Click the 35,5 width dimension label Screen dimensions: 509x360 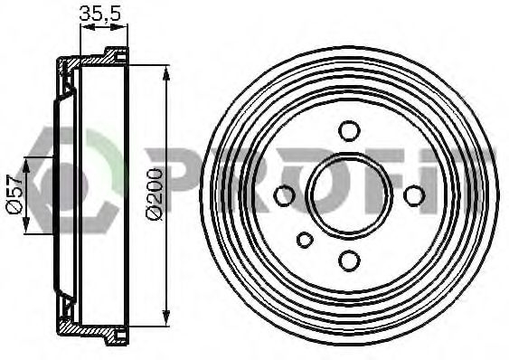pos(100,14)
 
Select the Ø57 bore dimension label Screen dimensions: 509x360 pos(14,194)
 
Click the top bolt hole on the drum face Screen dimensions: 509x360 pos(349,130)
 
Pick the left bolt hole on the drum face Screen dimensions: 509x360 pos(285,195)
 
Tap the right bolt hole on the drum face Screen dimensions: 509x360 pos(414,195)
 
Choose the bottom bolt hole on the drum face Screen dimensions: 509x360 pos(349,261)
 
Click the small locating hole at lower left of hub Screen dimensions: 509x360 pos(305,240)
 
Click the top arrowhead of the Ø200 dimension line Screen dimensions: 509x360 pos(166,73)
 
